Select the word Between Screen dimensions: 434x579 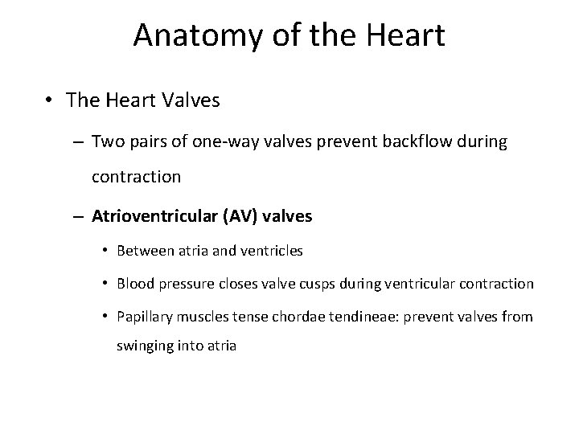pyautogui.click(x=145, y=251)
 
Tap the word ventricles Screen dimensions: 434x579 pyautogui.click(x=272, y=251)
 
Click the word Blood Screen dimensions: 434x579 pyautogui.click(x=135, y=284)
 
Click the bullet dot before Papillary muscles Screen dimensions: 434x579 pyautogui.click(x=106, y=317)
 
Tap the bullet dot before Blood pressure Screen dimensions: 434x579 pyautogui.click(x=106, y=284)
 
